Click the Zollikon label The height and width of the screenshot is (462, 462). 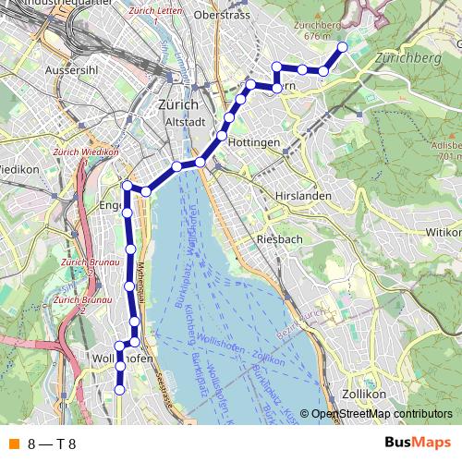pos(362,394)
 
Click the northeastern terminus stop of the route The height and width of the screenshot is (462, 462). pos(343,47)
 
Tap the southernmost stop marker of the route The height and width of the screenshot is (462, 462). pos(119,390)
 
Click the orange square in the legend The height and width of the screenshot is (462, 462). pos(13,444)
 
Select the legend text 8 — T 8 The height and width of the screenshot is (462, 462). pos(52,444)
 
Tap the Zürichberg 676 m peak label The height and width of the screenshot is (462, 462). pos(319,30)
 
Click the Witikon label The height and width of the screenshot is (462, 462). pos(442,233)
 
